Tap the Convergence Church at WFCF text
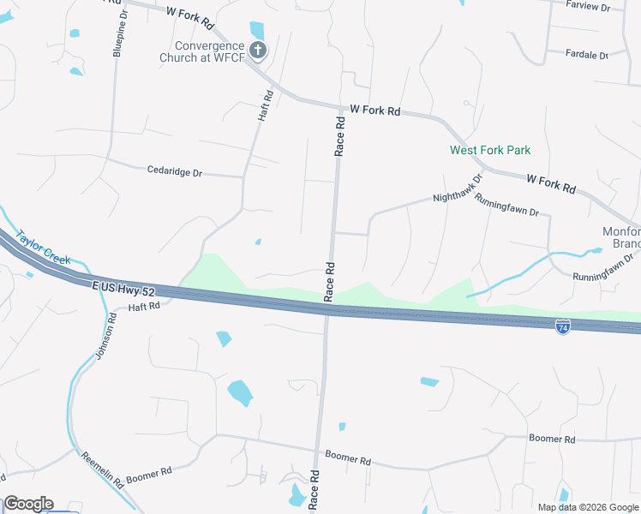(x=209, y=52)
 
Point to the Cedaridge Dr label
(x=174, y=172)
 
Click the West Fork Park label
(x=490, y=150)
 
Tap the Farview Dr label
(x=588, y=7)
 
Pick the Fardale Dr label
(x=587, y=54)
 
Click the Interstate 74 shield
(x=562, y=327)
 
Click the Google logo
(x=28, y=504)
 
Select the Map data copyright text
(x=587, y=507)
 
